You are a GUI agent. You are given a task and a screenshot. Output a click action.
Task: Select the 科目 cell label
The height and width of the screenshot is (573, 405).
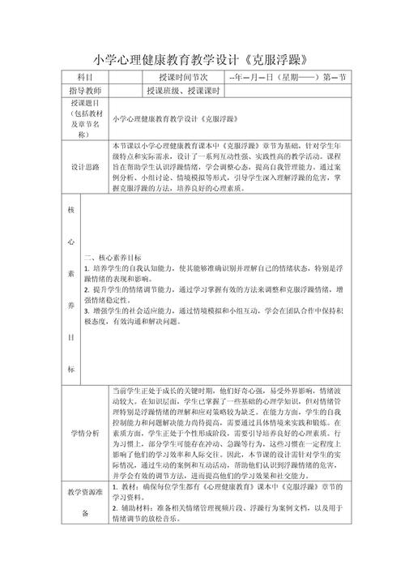tap(85, 77)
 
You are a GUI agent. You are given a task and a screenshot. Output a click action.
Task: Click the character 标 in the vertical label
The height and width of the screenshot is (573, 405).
tap(71, 370)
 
